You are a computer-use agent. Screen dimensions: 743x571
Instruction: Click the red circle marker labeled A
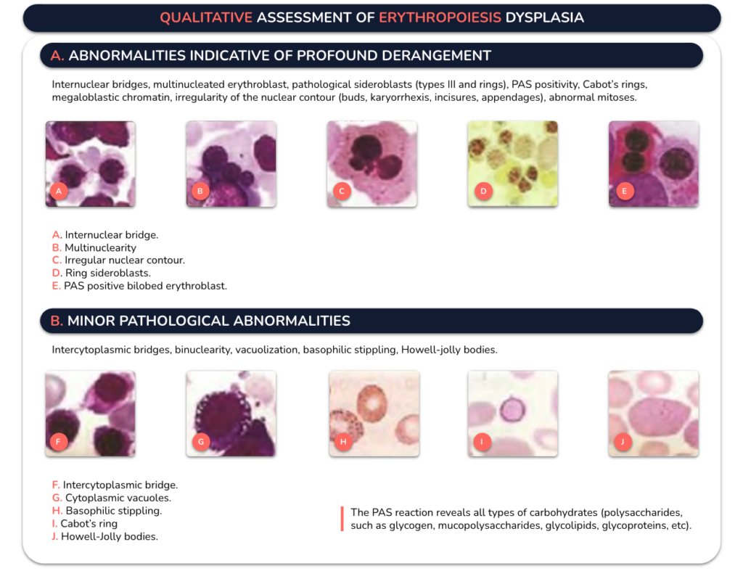point(59,191)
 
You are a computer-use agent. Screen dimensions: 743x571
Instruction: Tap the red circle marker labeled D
point(483,191)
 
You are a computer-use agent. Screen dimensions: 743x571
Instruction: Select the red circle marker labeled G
point(201,442)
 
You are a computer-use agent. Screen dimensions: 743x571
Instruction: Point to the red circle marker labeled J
point(623,442)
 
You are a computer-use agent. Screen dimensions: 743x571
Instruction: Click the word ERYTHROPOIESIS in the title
point(440,17)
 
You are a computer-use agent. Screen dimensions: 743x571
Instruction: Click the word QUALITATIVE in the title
point(206,17)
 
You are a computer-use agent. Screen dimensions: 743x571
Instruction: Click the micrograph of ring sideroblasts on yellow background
point(513,163)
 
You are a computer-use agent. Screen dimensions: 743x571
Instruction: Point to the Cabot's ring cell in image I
point(513,409)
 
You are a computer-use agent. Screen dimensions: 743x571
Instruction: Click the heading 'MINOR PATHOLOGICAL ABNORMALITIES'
point(208,321)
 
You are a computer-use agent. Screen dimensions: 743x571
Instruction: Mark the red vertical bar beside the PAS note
point(342,519)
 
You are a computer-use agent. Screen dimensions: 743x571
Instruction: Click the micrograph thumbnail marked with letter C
point(372,163)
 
